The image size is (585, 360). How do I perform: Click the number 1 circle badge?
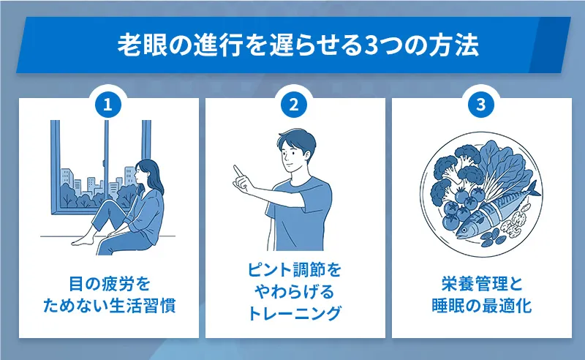pyautogui.click(x=107, y=105)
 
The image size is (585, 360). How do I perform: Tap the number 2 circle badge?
pyautogui.click(x=294, y=105)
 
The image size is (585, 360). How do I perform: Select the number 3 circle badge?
pyautogui.click(x=480, y=105)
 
